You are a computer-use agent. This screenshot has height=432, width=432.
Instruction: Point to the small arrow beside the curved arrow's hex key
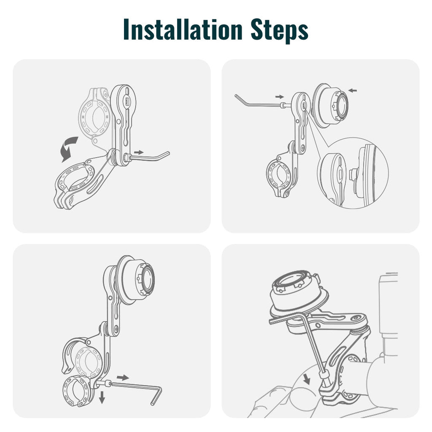click(138, 152)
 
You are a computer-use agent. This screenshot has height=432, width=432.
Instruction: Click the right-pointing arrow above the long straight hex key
click(279, 97)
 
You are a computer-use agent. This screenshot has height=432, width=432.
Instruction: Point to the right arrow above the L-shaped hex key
click(123, 376)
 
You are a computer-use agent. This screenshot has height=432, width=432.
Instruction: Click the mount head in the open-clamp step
click(137, 278)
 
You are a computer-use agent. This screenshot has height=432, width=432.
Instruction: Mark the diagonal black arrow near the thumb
click(307, 379)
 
